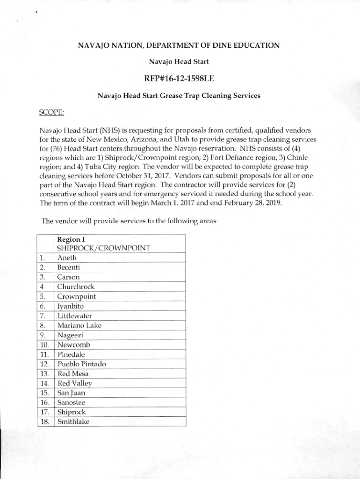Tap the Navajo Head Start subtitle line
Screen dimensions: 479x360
(x=179, y=61)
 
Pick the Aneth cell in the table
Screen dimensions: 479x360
(x=67, y=258)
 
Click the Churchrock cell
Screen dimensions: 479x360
(x=76, y=287)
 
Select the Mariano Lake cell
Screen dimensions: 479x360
(x=79, y=325)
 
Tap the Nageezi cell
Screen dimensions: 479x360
(x=71, y=335)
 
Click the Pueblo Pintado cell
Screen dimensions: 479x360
(x=81, y=364)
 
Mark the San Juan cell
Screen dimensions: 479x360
(x=72, y=393)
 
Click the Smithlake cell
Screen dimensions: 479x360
(x=73, y=422)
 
